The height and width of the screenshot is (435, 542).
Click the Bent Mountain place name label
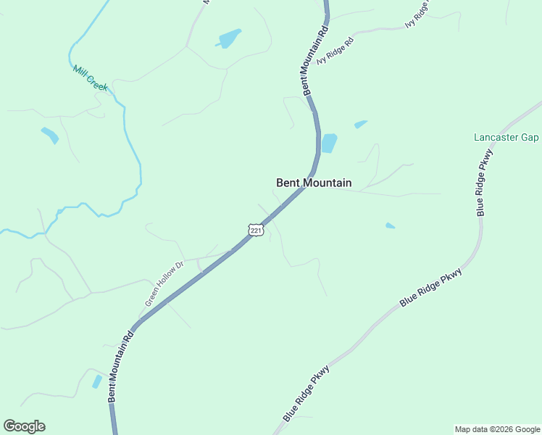[x=314, y=183]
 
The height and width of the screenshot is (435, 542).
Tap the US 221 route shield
[x=255, y=230]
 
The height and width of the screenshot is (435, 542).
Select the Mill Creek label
[x=90, y=78]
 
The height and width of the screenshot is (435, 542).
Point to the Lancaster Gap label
[x=506, y=137]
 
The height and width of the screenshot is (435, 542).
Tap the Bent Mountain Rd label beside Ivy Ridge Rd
[x=314, y=62]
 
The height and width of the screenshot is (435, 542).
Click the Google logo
[x=24, y=426]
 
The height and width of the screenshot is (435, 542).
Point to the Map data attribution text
[x=497, y=429]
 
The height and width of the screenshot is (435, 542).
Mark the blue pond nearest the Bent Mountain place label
[x=329, y=143]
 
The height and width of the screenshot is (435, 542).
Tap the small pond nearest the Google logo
[x=97, y=381]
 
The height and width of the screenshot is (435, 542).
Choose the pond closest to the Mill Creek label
[x=49, y=135]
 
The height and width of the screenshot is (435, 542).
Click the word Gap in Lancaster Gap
[x=530, y=137]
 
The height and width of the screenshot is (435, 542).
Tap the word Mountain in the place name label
[x=328, y=183]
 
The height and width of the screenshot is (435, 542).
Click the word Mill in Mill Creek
[x=78, y=70]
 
